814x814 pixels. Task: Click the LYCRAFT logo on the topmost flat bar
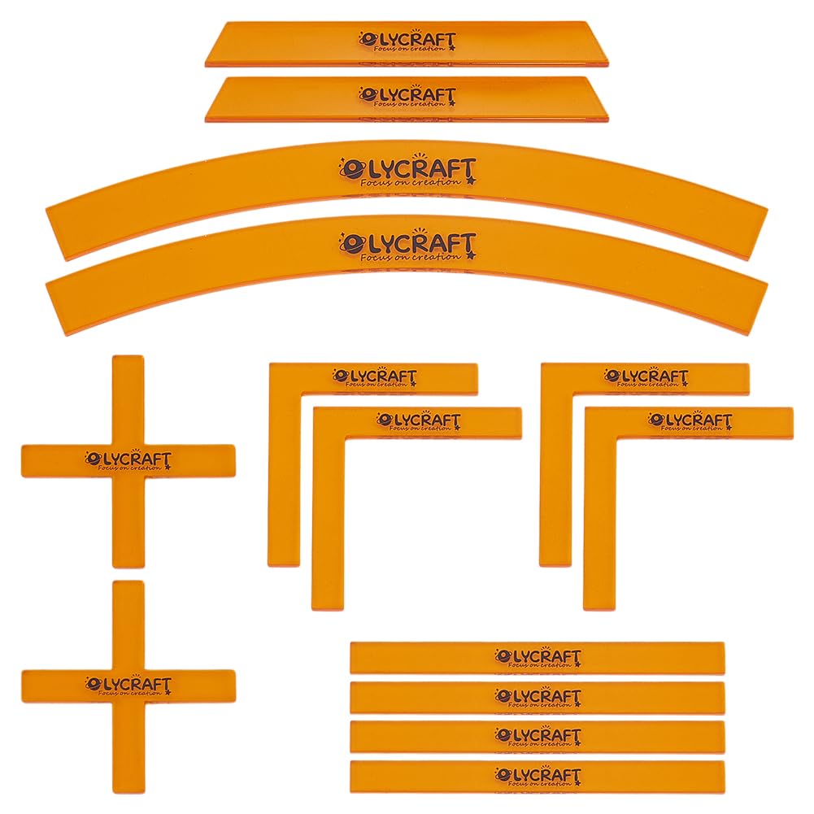pos(407,41)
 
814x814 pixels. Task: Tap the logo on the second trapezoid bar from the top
pos(407,97)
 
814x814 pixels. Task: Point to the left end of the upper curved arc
pos(56,233)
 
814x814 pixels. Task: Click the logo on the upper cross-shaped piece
pos(128,460)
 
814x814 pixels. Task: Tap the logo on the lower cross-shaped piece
pos(128,686)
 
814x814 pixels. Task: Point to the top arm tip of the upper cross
pos(128,357)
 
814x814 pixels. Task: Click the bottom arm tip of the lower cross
pos(128,792)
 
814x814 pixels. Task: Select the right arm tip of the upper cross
pos(234,460)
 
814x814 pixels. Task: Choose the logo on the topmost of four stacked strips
pos(538,657)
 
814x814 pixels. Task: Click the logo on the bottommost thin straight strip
pos(538,776)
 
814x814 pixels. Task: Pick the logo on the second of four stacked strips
pos(538,697)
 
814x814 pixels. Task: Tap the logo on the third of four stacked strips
pos(538,737)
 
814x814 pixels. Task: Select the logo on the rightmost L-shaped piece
pos(690,421)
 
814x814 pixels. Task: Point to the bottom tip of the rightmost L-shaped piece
pos(599,608)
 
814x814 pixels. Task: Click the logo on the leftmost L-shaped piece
pos(375,377)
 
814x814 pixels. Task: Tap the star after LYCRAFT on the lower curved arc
pos(471,255)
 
